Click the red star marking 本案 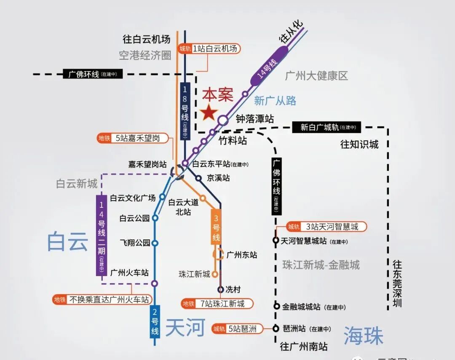209,113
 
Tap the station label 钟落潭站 254,119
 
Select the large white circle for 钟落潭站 223,120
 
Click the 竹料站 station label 233,140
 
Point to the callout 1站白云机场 209,48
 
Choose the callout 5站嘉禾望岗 133,138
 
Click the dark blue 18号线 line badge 185,111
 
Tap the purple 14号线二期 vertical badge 102,235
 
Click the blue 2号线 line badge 155,322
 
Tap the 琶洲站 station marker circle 276,328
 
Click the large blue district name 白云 67,242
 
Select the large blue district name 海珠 363,336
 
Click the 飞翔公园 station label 135,243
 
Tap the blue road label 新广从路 275,100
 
